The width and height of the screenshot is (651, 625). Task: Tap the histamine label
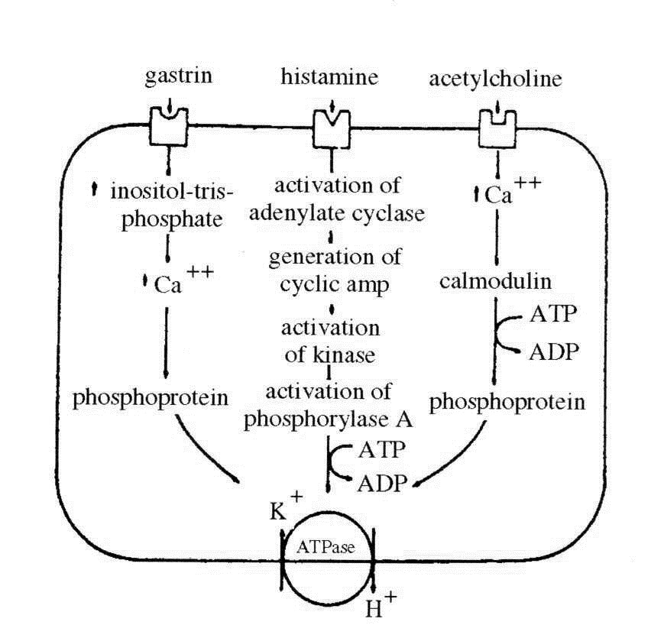(330, 77)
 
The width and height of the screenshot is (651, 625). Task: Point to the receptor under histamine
(330, 128)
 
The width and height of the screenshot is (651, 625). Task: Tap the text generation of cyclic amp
(335, 270)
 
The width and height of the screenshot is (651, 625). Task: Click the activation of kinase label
(330, 341)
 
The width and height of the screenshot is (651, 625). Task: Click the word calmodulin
(496, 281)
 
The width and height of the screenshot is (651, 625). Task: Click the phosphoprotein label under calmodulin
(507, 401)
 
